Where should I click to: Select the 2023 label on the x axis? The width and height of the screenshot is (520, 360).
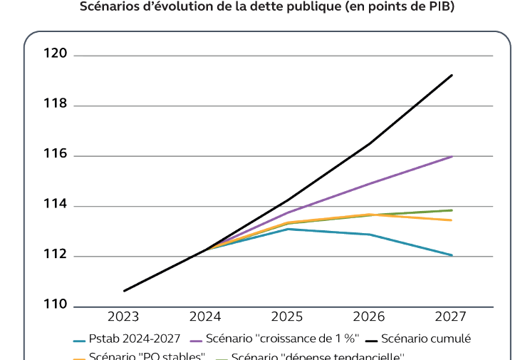point(123,317)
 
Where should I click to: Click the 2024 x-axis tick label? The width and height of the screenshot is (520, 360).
point(205,317)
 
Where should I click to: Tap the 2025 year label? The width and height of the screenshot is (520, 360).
point(287,317)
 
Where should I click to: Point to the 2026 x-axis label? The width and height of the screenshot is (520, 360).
point(369,317)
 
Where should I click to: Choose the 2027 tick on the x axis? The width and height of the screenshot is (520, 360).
point(451,317)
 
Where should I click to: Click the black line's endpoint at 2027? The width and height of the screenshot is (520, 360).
point(452,75)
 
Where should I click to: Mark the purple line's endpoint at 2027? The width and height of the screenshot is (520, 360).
point(452,156)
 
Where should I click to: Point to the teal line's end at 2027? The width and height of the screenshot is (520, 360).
point(452,255)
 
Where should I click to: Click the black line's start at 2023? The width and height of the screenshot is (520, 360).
point(124,291)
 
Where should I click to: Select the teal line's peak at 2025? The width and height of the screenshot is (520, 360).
point(288,229)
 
